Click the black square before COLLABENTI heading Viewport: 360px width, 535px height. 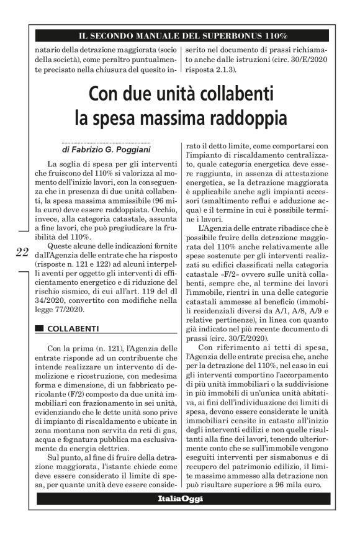[40, 327]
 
